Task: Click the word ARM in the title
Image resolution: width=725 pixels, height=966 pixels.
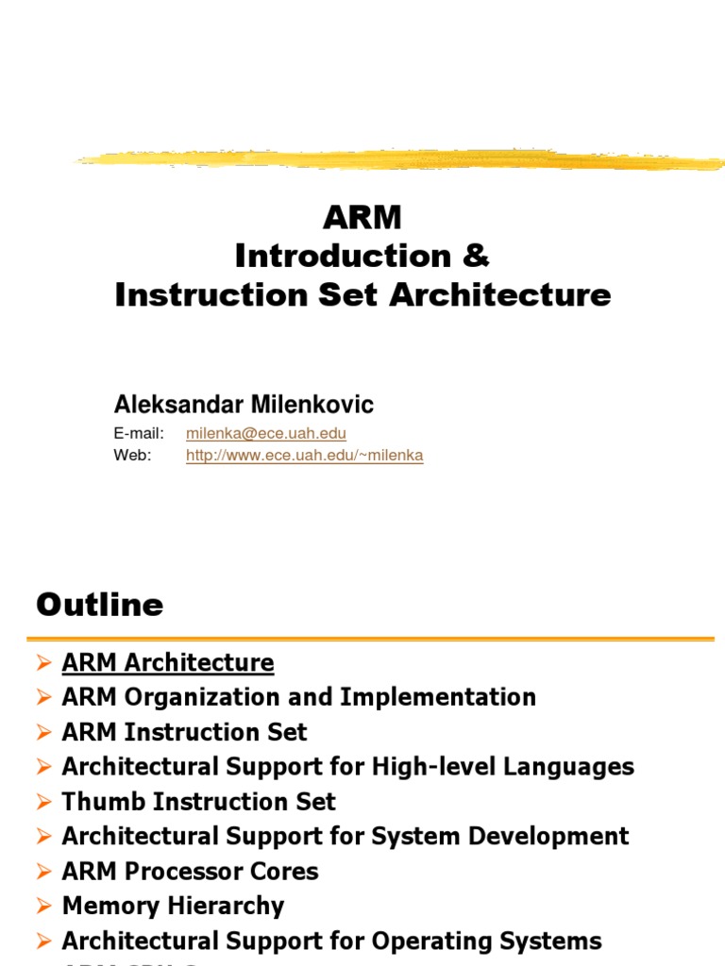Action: click(362, 217)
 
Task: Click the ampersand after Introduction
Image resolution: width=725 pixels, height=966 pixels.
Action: click(478, 256)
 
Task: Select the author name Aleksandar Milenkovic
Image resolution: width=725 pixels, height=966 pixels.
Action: click(244, 405)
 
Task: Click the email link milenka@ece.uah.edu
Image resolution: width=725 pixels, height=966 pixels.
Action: click(266, 434)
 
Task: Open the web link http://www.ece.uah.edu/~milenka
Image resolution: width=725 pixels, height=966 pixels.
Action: click(304, 456)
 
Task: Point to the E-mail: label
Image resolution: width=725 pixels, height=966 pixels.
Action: click(139, 434)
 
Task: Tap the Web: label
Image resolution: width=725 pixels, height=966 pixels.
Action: click(132, 456)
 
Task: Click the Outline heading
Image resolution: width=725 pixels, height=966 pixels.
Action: click(99, 605)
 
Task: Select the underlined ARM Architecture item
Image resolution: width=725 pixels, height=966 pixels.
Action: click(168, 663)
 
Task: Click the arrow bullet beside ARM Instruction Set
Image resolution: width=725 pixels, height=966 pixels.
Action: click(43, 733)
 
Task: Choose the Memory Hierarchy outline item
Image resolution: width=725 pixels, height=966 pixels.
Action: click(173, 907)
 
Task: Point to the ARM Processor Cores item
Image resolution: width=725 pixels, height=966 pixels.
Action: click(190, 872)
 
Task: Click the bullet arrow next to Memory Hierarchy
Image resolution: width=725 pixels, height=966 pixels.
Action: click(43, 907)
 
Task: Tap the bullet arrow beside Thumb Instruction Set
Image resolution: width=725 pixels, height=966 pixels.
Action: click(43, 803)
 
